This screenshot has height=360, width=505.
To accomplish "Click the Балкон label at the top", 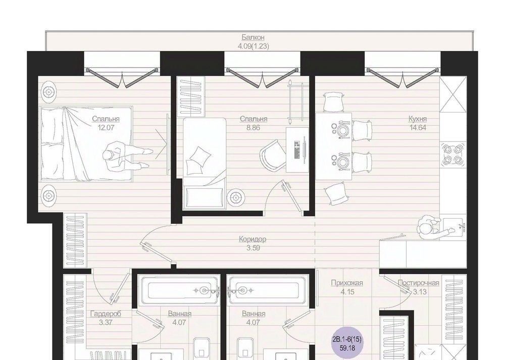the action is click(253, 37).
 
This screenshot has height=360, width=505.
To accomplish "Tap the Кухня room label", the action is click(418, 119).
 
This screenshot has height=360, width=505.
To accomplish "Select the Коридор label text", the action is click(252, 239).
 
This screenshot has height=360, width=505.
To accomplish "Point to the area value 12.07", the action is click(106, 128).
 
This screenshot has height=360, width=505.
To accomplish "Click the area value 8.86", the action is click(254, 128).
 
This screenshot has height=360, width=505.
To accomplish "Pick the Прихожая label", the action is click(347, 283).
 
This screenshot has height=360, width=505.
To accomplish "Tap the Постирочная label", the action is click(418, 283).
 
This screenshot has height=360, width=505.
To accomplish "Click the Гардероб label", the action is click(106, 314).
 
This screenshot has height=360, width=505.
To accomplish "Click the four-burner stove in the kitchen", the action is click(453, 155).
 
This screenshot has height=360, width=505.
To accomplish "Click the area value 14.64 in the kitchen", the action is click(418, 128).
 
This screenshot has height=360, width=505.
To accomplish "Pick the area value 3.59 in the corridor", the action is click(253, 248).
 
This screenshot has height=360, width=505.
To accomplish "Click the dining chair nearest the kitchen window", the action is click(332, 101).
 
